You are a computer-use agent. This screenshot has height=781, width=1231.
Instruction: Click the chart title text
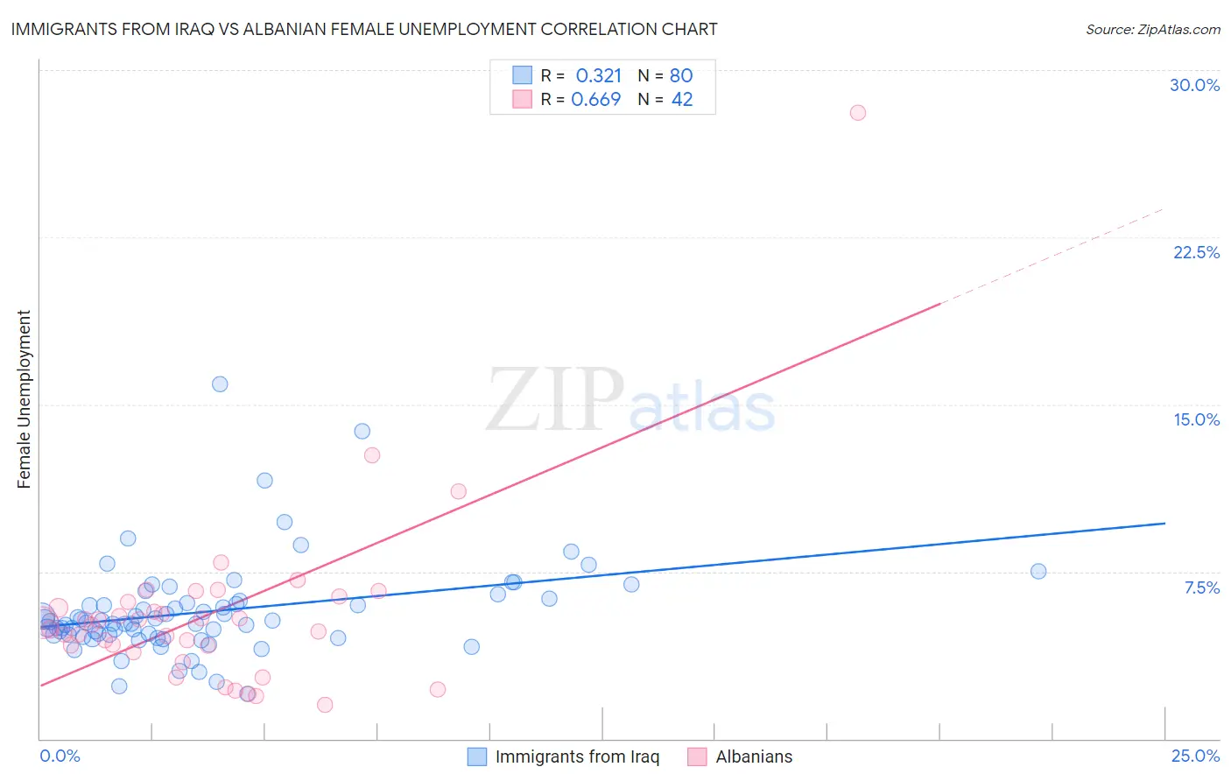364,30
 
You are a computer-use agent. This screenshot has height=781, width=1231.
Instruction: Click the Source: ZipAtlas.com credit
1152,30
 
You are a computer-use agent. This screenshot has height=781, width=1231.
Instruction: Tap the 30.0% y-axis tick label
1194,85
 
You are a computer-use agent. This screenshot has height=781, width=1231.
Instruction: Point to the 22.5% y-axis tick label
1196,252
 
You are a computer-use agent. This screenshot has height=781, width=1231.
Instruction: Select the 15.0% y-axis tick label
1196,419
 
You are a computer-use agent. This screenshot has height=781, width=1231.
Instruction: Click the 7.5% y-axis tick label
1201,588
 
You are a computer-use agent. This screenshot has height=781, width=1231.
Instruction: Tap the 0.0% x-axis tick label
60,756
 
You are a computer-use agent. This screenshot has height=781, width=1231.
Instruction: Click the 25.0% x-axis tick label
1195,756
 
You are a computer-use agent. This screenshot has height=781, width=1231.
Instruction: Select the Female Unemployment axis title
24,399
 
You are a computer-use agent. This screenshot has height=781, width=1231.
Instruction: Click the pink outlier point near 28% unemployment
858,113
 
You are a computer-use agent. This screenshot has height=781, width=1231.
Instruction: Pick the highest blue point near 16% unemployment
220,384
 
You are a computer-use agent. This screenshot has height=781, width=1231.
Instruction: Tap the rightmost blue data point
1038,572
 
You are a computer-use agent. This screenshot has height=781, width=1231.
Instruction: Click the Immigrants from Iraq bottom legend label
577,756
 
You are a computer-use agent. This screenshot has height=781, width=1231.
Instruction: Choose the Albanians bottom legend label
754,756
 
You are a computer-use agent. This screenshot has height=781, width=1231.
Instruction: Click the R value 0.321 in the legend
599,76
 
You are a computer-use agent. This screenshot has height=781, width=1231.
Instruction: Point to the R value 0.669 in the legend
596,100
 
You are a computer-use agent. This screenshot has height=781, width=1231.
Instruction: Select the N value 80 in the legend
681,76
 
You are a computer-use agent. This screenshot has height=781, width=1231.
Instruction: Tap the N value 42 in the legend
682,100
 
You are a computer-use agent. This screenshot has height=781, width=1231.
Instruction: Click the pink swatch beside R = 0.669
523,99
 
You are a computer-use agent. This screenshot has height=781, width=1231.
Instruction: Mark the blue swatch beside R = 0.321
523,75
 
